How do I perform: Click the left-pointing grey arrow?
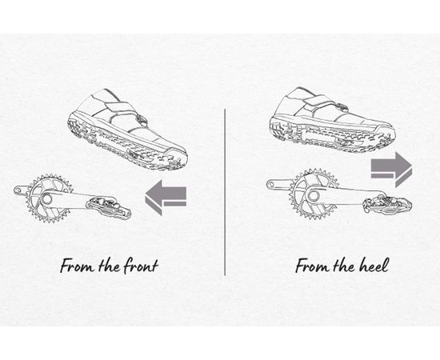point(166,198)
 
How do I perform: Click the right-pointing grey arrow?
point(391,169)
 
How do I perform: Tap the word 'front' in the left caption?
point(141,266)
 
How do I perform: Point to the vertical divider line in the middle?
point(225,192)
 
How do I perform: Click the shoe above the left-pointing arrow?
point(128,130)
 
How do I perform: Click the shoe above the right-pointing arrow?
point(332,120)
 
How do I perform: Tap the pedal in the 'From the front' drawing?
point(108,207)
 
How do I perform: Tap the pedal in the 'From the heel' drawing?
point(387,204)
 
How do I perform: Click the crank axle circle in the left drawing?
point(46,199)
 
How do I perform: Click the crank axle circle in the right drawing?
point(314,195)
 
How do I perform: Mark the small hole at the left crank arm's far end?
point(18,190)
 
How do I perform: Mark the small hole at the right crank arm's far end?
point(270,185)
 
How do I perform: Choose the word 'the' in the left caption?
point(109,266)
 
